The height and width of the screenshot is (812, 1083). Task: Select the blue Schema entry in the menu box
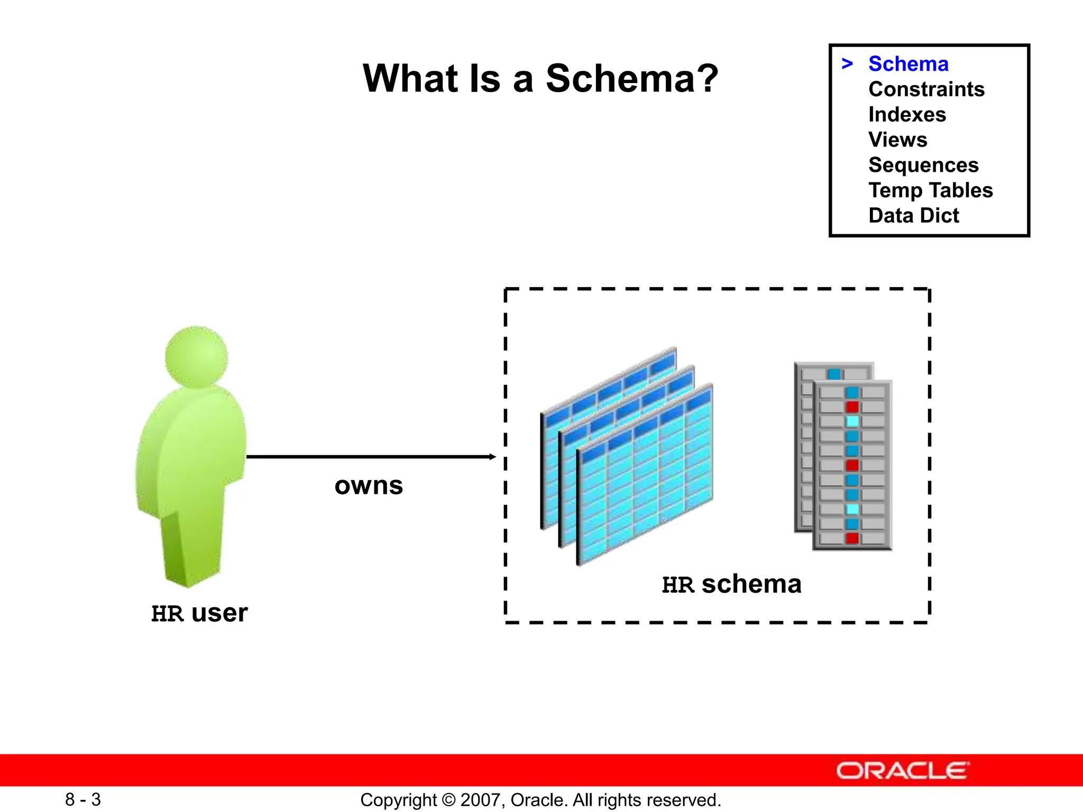908,64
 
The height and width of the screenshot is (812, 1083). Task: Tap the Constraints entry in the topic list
926,89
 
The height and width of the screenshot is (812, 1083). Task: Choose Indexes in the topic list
907,115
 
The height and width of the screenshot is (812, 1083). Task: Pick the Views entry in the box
897,140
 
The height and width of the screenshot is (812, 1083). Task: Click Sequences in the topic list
923,165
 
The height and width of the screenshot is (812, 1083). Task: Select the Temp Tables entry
930,190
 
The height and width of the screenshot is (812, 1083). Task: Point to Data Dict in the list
913,216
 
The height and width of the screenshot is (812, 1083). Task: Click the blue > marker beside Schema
847,64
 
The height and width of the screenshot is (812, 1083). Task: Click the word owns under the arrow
369,485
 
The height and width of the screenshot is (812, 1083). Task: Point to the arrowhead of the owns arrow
492,457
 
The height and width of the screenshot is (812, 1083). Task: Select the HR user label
199,613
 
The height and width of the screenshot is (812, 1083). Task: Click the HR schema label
731,584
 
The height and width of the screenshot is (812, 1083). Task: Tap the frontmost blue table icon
645,476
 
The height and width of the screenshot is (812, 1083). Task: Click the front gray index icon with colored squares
852,465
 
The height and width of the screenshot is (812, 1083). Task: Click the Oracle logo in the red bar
902,771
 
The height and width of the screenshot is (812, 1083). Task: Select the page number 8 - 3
83,799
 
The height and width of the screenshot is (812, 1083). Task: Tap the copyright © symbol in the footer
448,800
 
